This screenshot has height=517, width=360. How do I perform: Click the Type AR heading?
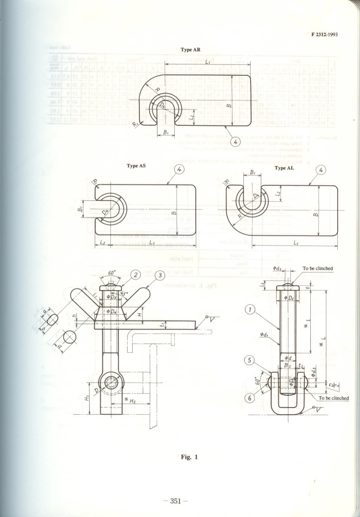tap(191, 50)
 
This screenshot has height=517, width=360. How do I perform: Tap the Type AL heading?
tap(285, 168)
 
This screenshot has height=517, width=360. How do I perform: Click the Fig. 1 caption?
tap(189, 457)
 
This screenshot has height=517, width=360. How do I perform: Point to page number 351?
tap(175, 501)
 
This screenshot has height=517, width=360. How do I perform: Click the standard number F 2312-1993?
tap(324, 34)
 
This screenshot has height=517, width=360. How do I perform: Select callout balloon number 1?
tap(250, 310)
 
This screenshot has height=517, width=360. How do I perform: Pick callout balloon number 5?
tap(249, 361)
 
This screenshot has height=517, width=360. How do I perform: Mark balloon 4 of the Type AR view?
tap(235, 142)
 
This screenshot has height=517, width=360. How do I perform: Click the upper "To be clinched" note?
tap(318, 269)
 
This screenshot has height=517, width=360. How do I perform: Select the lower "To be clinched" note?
tap(333, 398)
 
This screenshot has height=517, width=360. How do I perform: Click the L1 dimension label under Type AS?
tap(152, 242)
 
